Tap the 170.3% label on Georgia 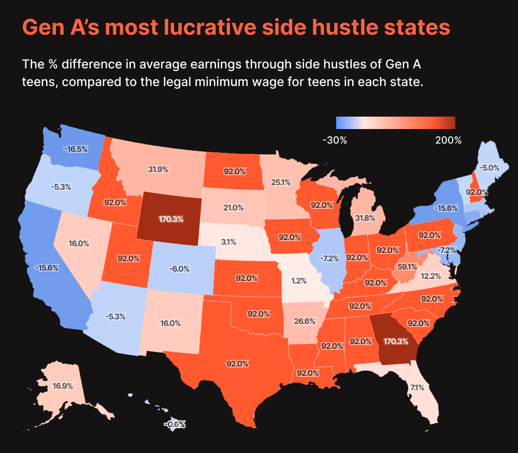[396, 342]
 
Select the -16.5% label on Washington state [76, 149]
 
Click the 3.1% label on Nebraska [228, 242]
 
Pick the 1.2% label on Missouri [299, 281]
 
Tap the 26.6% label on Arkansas [305, 321]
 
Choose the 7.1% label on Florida [417, 387]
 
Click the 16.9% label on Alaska [63, 386]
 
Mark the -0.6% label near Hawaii [175, 424]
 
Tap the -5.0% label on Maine [489, 168]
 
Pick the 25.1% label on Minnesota [280, 182]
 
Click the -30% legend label [334, 140]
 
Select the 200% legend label [448, 140]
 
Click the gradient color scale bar [395, 122]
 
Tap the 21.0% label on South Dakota [233, 207]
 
